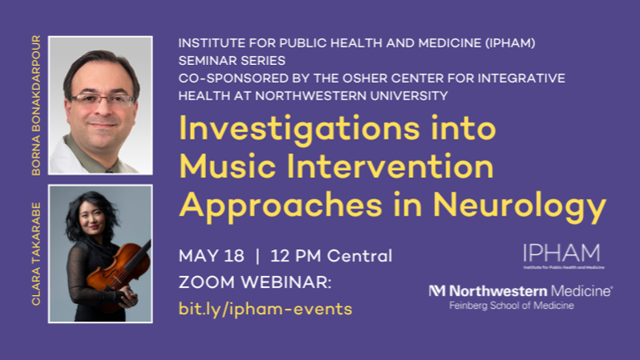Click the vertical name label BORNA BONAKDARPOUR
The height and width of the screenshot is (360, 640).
[36, 105]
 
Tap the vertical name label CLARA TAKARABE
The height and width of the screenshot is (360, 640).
[36, 253]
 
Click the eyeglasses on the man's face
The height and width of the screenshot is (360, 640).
[102, 99]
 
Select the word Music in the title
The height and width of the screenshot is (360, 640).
[228, 167]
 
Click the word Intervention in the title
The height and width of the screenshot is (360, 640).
[391, 167]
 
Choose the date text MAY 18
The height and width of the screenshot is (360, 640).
[212, 257]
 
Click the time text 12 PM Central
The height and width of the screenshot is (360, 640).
[331, 257]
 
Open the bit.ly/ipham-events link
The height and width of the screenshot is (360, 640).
[265, 309]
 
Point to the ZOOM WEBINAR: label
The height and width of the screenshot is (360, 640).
[255, 282]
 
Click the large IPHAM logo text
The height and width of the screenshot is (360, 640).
[561, 253]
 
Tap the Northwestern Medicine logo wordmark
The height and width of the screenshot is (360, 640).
[521, 291]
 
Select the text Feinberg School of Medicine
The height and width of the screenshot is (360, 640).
[512, 305]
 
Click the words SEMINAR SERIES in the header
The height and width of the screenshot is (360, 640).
[232, 61]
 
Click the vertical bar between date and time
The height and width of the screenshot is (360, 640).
[257, 257]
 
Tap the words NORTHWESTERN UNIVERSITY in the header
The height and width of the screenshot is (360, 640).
[351, 96]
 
